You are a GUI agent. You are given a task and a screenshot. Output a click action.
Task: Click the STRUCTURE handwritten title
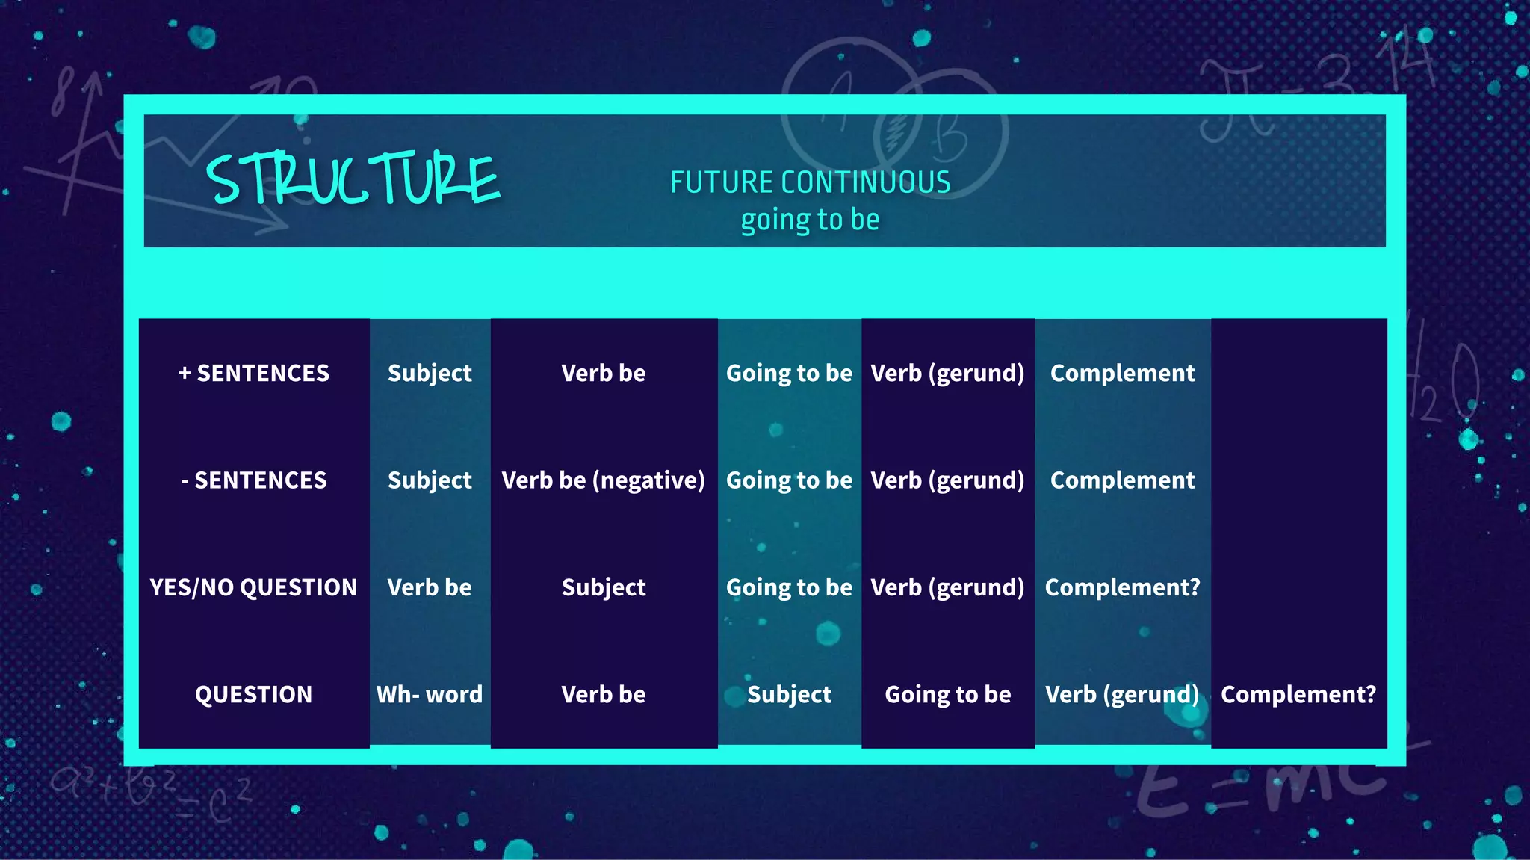click(353, 179)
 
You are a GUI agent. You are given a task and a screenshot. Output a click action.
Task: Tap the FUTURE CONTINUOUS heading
click(810, 182)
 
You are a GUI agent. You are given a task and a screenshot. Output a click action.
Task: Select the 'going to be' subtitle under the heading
click(810, 220)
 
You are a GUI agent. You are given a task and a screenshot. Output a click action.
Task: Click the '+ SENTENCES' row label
click(254, 373)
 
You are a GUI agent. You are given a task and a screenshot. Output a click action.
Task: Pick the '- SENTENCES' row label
click(254, 480)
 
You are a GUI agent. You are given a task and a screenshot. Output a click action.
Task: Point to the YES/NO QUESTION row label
click(254, 587)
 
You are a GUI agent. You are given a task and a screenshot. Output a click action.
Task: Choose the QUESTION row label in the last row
click(254, 694)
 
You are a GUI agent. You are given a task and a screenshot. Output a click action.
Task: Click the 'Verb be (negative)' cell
click(603, 480)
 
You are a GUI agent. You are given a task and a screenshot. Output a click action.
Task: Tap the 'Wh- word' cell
click(430, 694)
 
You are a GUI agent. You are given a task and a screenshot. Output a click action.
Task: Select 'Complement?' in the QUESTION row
click(1298, 694)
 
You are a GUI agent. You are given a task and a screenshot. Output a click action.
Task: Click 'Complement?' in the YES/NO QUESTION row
click(1122, 587)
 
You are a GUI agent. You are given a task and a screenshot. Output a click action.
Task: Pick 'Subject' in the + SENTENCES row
click(430, 373)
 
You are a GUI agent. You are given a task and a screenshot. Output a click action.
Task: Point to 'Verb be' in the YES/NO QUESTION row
click(430, 587)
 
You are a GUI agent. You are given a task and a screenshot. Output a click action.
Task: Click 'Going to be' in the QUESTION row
click(947, 694)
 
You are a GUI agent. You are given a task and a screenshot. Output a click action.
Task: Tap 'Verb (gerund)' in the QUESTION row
click(1122, 694)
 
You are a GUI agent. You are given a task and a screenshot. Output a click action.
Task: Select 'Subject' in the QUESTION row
click(789, 694)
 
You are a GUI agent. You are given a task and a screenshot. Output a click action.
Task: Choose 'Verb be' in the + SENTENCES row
click(603, 373)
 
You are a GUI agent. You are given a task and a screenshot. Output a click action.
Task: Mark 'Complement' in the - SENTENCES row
click(1122, 480)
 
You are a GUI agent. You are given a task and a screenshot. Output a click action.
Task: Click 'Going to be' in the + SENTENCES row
click(789, 373)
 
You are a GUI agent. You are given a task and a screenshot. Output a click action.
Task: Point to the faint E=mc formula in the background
click(1255, 792)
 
